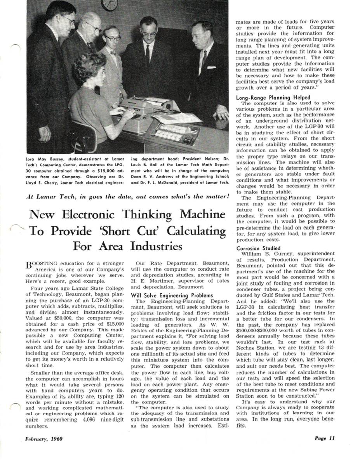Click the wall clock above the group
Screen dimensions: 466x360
pyautogui.click(x=110, y=4)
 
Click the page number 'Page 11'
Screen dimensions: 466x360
pyautogui.click(x=324, y=439)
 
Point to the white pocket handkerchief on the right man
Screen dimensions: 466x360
pyautogui.click(x=211, y=67)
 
